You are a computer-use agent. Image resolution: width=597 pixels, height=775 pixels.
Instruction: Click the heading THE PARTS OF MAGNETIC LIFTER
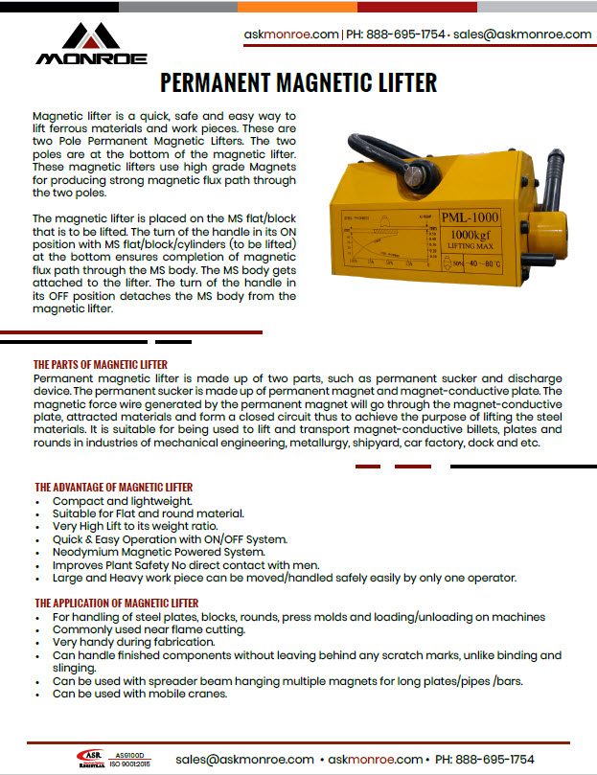[101, 365]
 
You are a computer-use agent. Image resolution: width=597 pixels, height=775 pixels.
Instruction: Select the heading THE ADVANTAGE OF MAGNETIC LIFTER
[113, 488]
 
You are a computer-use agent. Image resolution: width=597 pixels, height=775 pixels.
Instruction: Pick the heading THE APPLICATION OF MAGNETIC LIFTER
[116, 603]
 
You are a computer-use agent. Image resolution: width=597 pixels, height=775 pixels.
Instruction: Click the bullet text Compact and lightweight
[123, 501]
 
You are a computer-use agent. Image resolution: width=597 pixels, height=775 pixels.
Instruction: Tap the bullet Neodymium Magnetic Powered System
[158, 552]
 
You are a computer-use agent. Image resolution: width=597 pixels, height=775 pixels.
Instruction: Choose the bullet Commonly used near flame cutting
[149, 629]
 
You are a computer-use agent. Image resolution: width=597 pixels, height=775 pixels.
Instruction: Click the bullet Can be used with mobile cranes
[140, 693]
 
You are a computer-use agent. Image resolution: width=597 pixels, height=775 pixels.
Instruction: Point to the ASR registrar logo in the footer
[92, 759]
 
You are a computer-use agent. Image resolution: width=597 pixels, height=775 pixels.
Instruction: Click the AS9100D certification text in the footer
[130, 754]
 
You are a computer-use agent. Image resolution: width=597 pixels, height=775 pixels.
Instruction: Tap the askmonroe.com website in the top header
[291, 34]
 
